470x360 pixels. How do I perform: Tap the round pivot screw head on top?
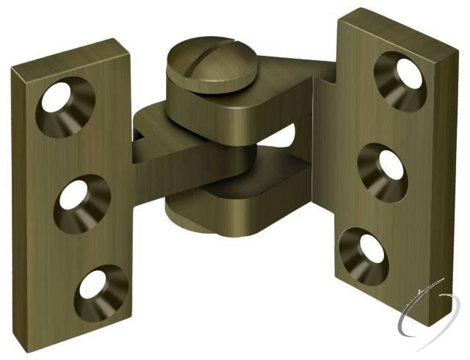coord(206,68)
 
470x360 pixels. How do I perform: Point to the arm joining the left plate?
coord(158,158)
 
